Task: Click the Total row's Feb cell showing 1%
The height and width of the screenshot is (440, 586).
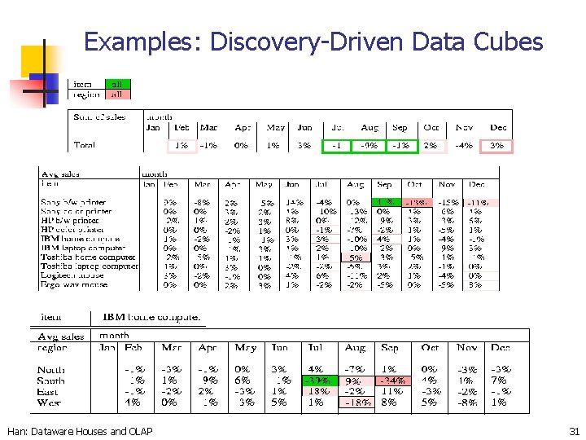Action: [181, 146]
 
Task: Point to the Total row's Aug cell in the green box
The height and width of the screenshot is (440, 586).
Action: [369, 146]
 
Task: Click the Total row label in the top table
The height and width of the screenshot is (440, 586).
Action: [84, 145]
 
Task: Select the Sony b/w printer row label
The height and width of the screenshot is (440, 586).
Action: [73, 202]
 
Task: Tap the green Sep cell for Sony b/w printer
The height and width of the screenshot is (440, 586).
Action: [385, 202]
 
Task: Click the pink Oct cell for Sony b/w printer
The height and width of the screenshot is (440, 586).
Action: [415, 202]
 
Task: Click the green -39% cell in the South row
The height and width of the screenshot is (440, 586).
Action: [315, 381]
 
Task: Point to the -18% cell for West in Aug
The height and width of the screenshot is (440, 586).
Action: [356, 403]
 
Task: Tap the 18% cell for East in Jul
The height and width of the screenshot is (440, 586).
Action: [315, 391]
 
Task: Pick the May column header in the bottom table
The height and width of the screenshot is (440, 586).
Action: [245, 348]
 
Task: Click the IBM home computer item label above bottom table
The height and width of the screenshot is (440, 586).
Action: [151, 317]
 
